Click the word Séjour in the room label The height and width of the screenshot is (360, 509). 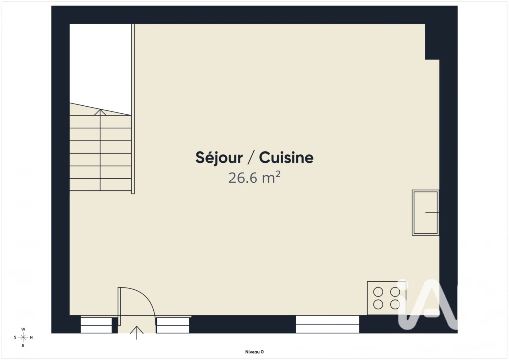tap(219, 158)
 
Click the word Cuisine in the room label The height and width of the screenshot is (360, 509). tap(286, 158)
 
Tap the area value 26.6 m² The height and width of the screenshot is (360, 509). tap(254, 178)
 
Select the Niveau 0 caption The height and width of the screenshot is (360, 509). tap(254, 352)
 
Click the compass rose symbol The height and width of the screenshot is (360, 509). tap(23, 337)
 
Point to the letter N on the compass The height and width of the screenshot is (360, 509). tap(31, 337)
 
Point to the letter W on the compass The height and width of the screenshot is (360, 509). tap(23, 329)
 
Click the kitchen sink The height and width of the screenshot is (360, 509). tap(425, 213)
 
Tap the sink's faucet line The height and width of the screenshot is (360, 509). tap(432, 213)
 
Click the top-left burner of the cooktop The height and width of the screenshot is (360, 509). tap(378, 292)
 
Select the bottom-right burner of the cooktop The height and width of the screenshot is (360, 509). tap(395, 304)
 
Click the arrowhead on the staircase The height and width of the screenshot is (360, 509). tap(100, 112)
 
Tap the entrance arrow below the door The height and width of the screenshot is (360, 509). tap(137, 333)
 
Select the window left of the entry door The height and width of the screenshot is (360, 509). tap(96, 325)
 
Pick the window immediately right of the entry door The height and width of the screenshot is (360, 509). tap(173, 325)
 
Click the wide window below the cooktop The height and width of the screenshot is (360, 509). tap(328, 324)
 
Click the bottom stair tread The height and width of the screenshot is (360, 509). tap(100, 184)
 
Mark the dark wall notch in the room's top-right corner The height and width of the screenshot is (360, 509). tap(432, 42)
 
